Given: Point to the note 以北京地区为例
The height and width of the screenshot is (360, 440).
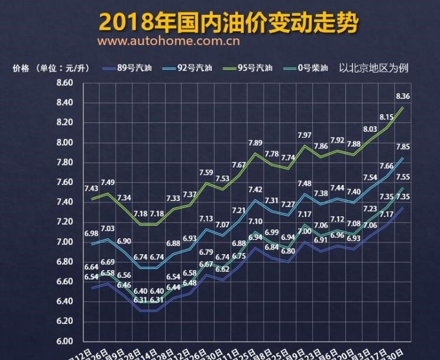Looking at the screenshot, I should pos(374,68).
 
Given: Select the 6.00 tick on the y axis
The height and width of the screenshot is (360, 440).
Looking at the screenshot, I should pos(64,341).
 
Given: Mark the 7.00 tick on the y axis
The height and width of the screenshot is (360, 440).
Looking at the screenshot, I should pos(64,242).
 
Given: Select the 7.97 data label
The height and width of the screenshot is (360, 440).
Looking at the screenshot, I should pos(305,135).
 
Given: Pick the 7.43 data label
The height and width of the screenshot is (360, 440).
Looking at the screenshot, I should pos(91,189).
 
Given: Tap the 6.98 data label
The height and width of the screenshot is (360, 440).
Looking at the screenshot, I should pos(91,235).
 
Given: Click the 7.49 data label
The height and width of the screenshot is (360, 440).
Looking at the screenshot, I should pos(108,182).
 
